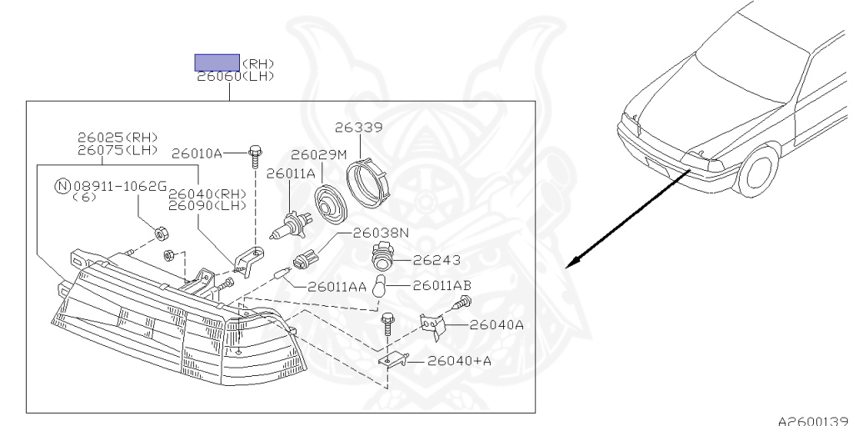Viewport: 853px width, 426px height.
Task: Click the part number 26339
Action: click(358, 128)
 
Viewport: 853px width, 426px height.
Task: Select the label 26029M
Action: click(318, 155)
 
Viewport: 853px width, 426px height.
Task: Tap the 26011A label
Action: click(291, 173)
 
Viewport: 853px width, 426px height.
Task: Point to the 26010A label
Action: click(197, 154)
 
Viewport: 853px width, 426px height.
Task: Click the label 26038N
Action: click(381, 233)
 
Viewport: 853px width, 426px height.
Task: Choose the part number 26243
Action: click(436, 260)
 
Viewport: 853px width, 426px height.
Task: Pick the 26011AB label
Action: click(442, 285)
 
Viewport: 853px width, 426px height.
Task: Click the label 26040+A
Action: click(459, 361)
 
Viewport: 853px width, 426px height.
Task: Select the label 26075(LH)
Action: click(117, 150)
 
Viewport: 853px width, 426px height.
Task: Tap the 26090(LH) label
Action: click(207, 206)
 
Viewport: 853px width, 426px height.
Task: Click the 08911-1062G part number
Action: click(120, 186)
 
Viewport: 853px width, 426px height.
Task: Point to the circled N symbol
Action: click(62, 186)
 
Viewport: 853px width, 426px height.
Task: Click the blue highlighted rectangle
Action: click(217, 63)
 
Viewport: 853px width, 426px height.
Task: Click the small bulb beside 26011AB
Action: click(379, 287)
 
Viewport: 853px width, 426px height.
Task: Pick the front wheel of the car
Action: click(759, 170)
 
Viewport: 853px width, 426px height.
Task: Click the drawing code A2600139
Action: click(815, 420)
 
